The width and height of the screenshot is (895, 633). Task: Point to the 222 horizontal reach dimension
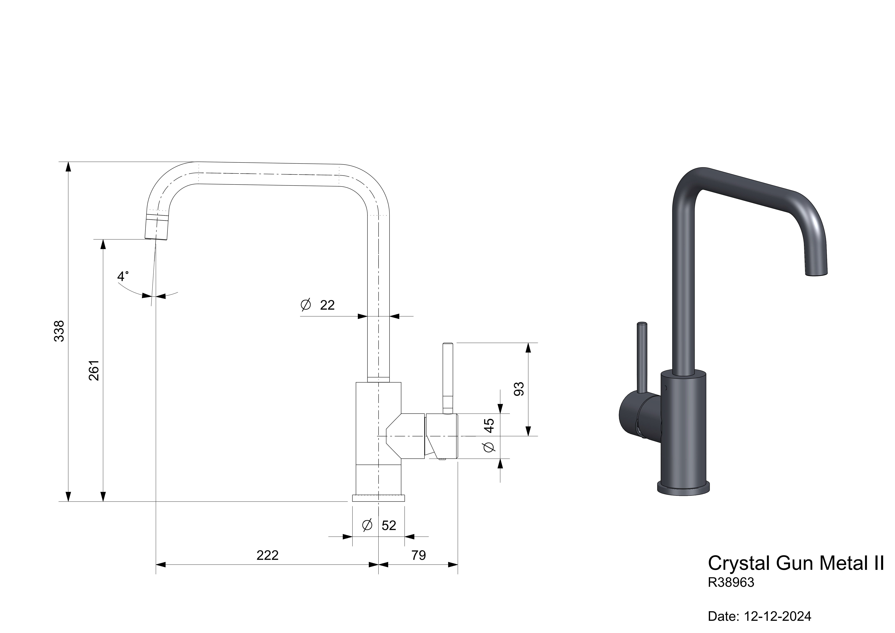coord(267,555)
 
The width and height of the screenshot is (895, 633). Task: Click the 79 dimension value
coord(419,555)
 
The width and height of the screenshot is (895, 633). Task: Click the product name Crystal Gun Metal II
coord(795,563)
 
